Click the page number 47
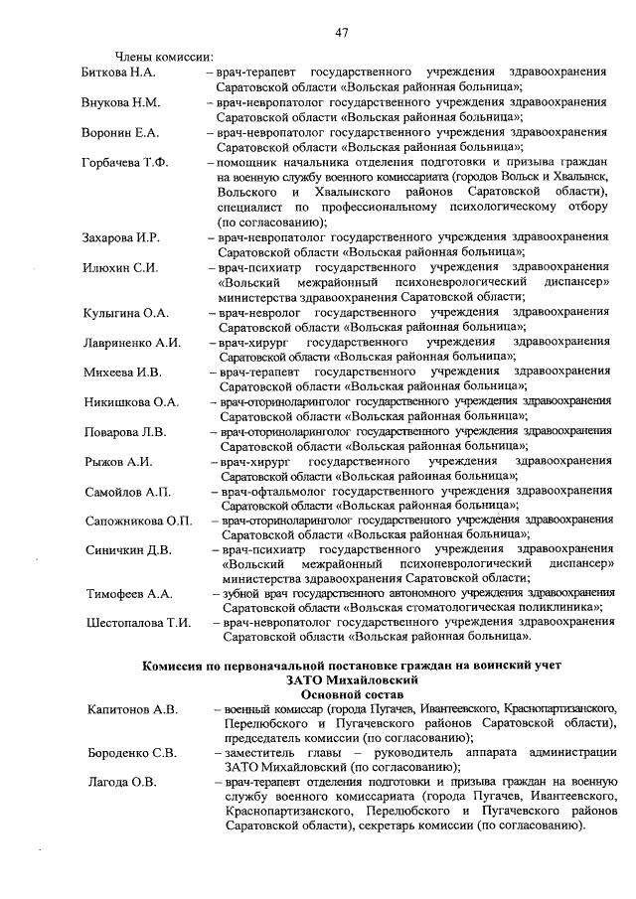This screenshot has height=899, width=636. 341,33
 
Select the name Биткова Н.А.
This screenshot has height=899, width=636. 118,74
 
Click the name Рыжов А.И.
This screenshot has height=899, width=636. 117,462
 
